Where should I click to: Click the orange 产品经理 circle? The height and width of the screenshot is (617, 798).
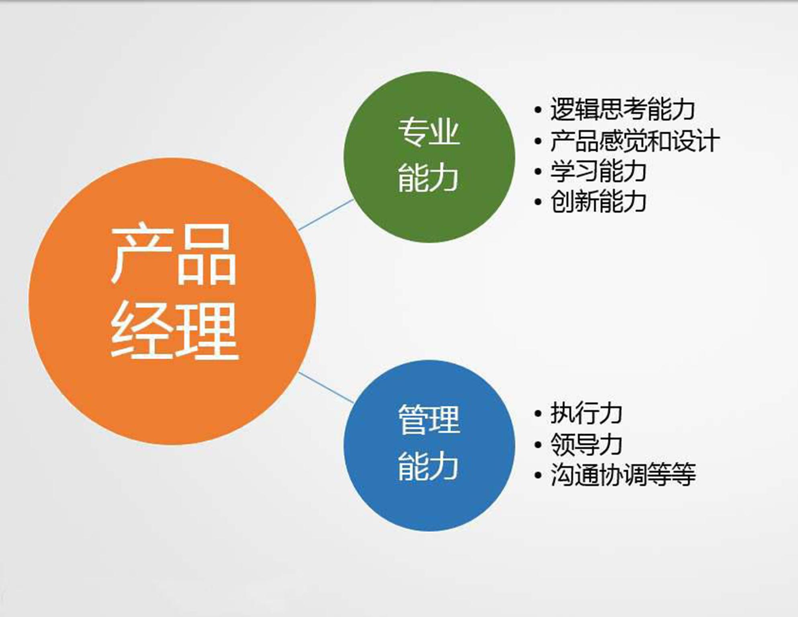click(172, 301)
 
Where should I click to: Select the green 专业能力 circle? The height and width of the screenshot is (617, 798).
click(429, 157)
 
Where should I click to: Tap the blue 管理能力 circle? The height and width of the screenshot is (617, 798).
click(429, 445)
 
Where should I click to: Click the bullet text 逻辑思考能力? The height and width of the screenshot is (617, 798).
click(622, 109)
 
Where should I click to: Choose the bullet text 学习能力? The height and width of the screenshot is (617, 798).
click(598, 171)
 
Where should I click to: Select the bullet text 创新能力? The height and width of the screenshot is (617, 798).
click(598, 202)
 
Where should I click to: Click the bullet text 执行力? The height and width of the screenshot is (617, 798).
click(586, 414)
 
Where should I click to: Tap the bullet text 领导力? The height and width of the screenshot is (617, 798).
click(586, 444)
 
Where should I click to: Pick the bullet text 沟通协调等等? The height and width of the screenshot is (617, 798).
click(623, 475)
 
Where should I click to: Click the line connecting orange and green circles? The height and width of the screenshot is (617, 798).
click(326, 215)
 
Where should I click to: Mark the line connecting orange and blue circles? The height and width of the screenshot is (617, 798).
click(326, 387)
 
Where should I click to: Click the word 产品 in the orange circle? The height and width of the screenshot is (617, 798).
click(174, 255)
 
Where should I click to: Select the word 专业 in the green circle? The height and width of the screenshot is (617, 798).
click(429, 131)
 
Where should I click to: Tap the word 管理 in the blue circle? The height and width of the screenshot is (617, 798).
click(429, 420)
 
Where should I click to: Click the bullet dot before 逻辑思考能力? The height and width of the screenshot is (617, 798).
click(538, 110)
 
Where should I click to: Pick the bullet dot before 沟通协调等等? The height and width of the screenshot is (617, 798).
click(538, 475)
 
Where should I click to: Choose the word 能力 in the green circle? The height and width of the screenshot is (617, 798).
click(428, 178)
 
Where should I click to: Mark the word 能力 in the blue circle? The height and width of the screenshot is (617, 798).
click(428, 466)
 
